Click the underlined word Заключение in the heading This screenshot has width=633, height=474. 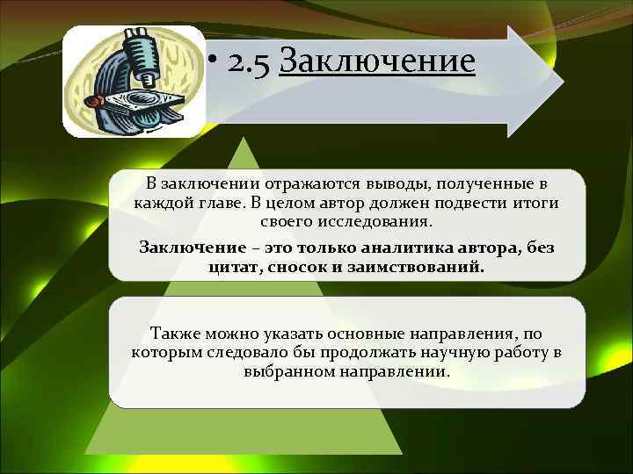point(376,62)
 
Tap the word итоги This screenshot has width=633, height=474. point(535,203)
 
